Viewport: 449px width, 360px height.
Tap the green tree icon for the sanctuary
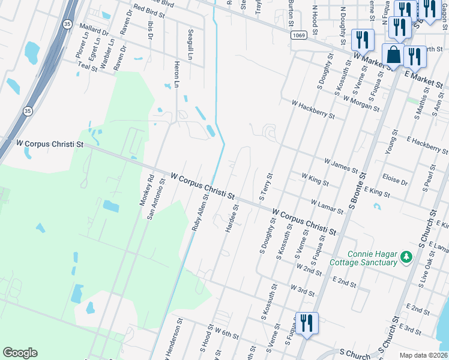point(406,257)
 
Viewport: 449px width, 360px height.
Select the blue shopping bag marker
point(393,55)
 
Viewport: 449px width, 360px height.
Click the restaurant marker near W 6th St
point(306,323)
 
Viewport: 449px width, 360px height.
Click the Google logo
point(20,353)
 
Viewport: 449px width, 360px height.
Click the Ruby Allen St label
point(199,216)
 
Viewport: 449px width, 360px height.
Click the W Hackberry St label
point(313,109)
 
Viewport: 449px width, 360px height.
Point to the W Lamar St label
point(327,207)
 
